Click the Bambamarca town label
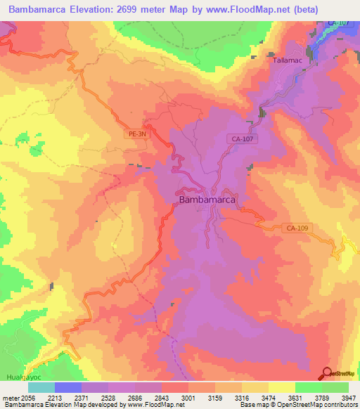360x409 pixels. [207, 200]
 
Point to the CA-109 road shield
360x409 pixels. [297, 228]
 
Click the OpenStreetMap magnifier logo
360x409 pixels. [328, 374]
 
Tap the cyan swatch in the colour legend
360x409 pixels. [41, 387]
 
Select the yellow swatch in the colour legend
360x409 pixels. [281, 387]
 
